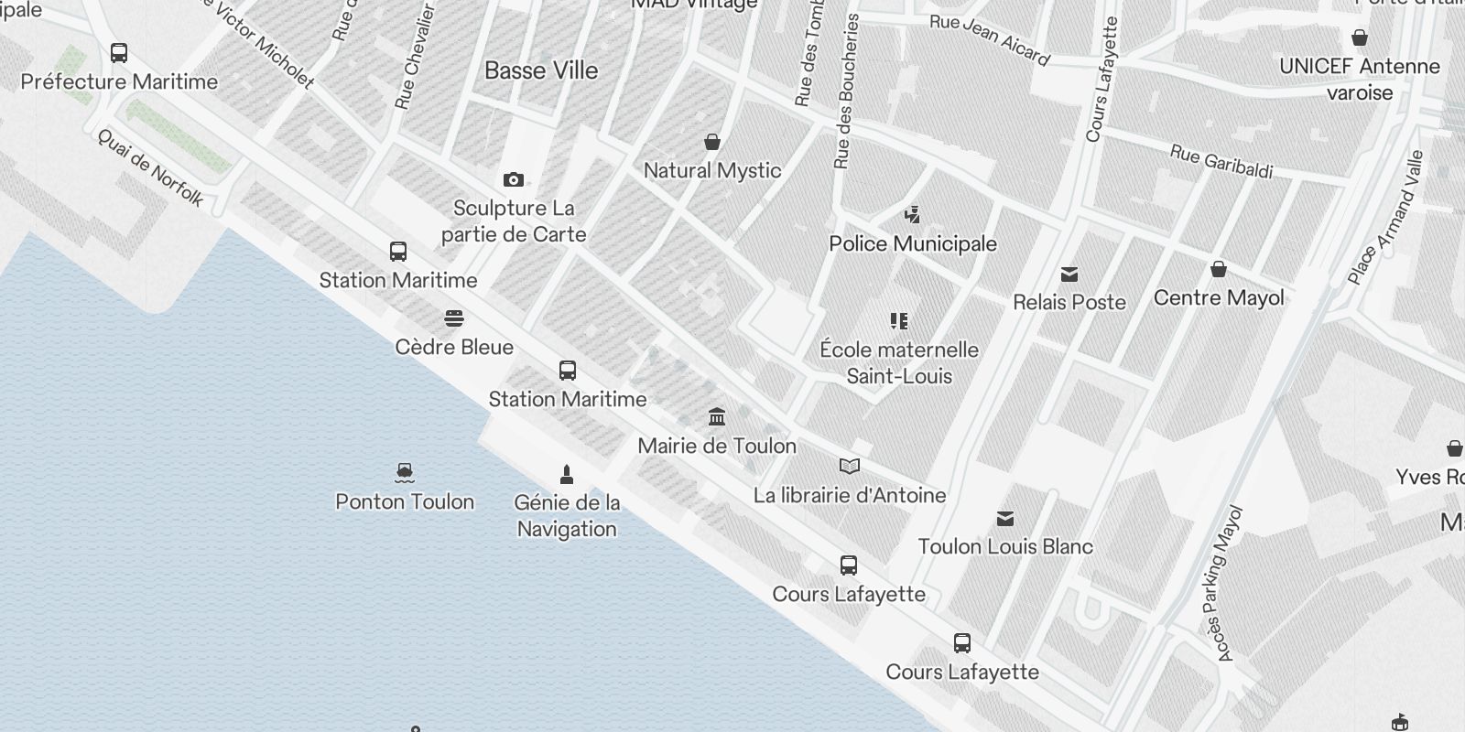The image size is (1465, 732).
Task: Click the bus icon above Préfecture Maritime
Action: [x=119, y=53]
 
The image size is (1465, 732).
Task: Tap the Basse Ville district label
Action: [x=541, y=70]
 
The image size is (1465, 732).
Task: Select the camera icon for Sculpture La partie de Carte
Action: [x=514, y=179]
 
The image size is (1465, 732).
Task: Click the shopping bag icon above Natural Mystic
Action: [x=712, y=142]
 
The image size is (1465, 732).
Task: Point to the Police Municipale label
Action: [x=912, y=243]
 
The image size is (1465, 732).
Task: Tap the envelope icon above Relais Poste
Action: [x=1069, y=274]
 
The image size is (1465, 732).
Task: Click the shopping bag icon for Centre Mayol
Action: [x=1219, y=269]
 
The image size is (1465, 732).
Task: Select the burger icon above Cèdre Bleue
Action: [x=454, y=318]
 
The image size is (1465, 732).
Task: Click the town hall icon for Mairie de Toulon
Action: [x=717, y=417]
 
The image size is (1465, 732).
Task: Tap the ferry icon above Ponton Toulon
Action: [x=405, y=473]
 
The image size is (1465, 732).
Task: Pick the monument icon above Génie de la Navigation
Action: [x=567, y=474]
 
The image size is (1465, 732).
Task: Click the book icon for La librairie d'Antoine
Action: [x=850, y=467]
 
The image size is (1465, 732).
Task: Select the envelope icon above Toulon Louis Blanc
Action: [x=1005, y=519]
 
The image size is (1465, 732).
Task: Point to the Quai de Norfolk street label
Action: [x=150, y=167]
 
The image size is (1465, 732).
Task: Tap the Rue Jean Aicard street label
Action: [x=990, y=40]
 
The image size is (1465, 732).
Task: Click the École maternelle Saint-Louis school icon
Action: [x=899, y=321]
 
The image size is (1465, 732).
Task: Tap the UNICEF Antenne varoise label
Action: [x=1360, y=79]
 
